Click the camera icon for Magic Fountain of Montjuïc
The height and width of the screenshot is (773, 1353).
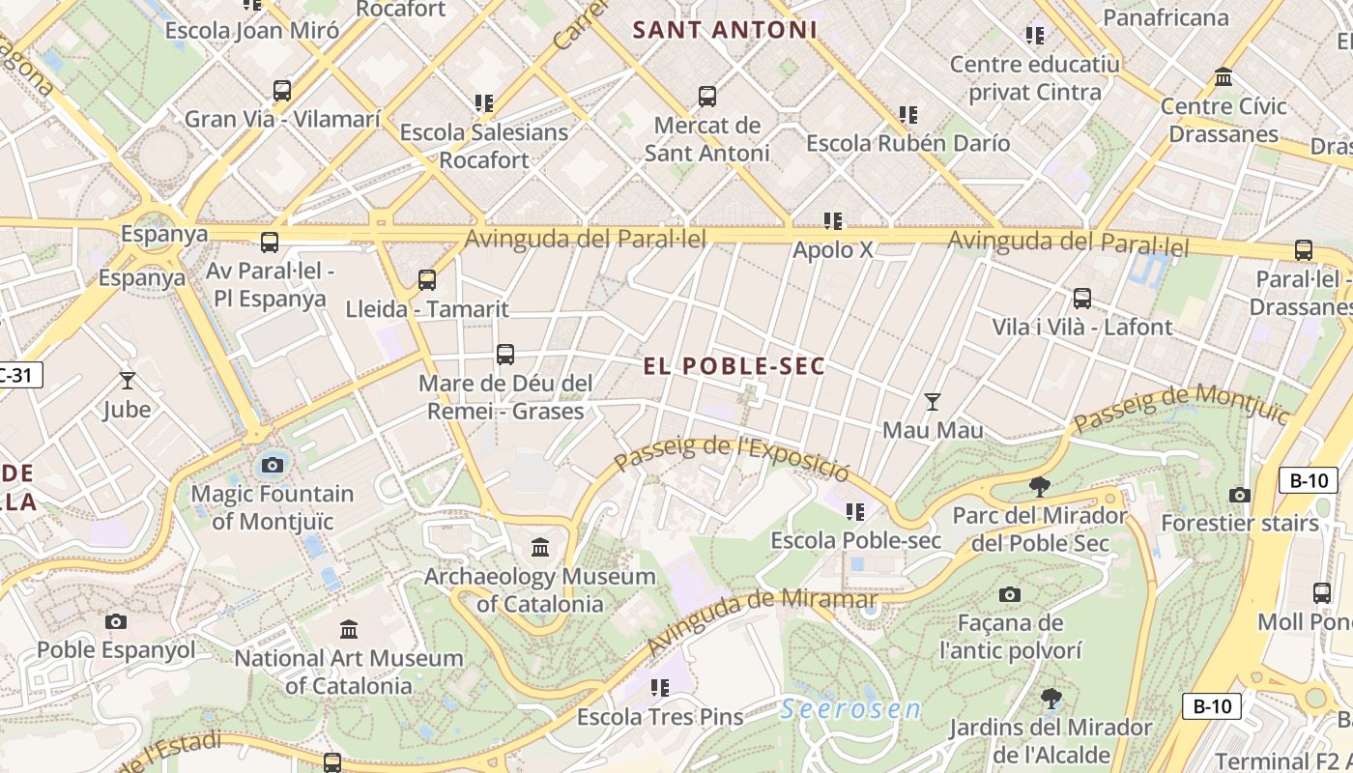[x=273, y=465]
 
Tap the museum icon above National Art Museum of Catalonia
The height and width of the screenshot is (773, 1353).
[x=349, y=629]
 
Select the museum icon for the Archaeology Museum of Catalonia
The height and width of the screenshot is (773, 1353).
[x=540, y=548]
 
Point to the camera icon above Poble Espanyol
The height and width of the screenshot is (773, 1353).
[x=116, y=620]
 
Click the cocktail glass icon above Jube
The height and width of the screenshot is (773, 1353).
[x=127, y=380]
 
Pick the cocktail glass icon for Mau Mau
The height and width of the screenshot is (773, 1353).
[x=933, y=401]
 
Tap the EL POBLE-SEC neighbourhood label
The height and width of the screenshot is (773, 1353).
[x=734, y=366]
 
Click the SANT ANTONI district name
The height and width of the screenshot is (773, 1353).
[x=725, y=30]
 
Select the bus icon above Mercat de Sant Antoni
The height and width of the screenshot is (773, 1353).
[x=707, y=97]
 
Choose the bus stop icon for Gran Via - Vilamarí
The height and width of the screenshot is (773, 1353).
[x=282, y=91]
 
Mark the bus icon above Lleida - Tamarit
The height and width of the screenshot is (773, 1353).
[x=427, y=280]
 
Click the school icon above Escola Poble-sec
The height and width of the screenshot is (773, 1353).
[x=855, y=511]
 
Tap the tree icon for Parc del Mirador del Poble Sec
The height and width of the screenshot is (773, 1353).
[x=1040, y=486]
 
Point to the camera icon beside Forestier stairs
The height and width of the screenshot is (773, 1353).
[x=1240, y=495]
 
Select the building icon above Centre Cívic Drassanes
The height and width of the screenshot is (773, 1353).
[x=1223, y=77]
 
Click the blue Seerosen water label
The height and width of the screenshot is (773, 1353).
[x=850, y=708]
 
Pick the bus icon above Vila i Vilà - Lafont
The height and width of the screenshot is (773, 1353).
[x=1082, y=299]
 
